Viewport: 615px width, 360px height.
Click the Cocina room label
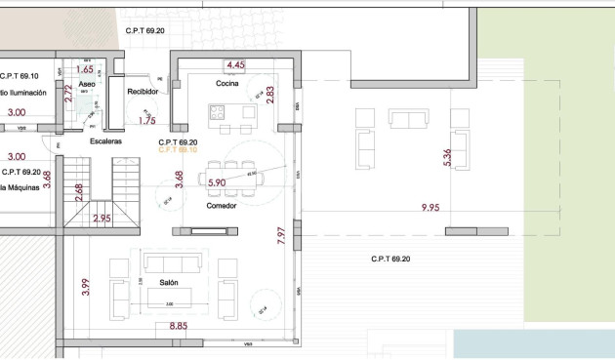(x=228, y=85)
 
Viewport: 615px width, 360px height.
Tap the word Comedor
(x=222, y=206)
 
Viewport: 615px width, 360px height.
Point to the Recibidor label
(x=143, y=92)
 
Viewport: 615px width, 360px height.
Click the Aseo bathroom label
(x=87, y=86)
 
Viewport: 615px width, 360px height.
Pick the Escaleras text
(x=105, y=141)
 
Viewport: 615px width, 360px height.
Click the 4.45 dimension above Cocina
(x=235, y=65)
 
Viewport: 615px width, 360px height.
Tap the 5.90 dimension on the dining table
(x=217, y=182)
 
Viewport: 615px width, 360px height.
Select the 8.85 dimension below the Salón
(x=179, y=327)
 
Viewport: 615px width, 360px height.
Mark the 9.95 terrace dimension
(x=430, y=208)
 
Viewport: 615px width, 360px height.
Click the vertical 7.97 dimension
(x=280, y=236)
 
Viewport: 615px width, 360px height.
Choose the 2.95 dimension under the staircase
(x=102, y=220)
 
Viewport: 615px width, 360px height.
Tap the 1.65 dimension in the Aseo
(x=84, y=69)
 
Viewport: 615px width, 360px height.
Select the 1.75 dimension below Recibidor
(x=147, y=121)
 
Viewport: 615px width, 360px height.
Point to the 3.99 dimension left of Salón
(x=86, y=285)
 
